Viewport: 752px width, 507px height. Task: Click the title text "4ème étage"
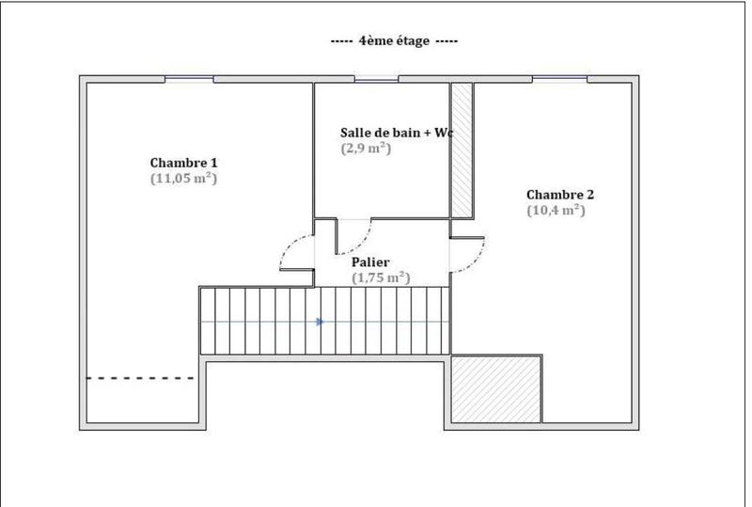click(x=394, y=41)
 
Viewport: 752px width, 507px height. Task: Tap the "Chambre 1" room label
click(x=184, y=162)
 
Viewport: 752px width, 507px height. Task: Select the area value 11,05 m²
click(x=184, y=177)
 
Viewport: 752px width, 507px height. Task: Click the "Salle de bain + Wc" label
click(x=396, y=134)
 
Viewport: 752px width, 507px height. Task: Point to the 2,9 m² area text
click(x=366, y=148)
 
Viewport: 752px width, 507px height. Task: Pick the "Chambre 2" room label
click(x=560, y=195)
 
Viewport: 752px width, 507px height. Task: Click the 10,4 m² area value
click(x=556, y=211)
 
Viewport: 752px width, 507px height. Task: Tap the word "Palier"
click(x=370, y=262)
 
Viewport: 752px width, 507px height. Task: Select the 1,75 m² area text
click(x=381, y=277)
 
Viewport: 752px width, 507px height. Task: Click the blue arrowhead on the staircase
click(x=321, y=322)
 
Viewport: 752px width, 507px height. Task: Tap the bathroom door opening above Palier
click(x=353, y=221)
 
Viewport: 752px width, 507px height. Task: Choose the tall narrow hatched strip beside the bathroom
click(x=462, y=151)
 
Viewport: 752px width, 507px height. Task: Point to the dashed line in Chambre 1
click(x=141, y=378)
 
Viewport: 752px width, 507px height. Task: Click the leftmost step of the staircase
click(x=208, y=322)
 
